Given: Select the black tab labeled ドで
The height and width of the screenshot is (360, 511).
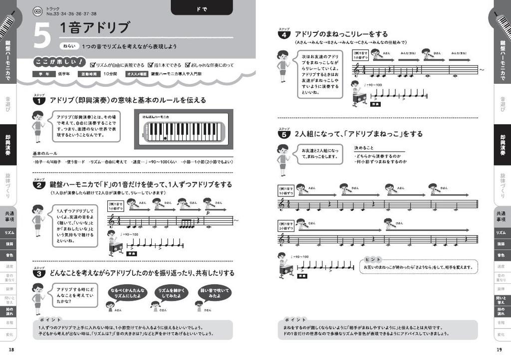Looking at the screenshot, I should tap(202, 7).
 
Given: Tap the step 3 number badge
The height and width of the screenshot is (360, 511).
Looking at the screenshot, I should tap(39, 274).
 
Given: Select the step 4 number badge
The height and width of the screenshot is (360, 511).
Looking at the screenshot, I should tap(283, 35).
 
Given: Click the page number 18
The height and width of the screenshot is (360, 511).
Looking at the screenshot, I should tap(11, 350).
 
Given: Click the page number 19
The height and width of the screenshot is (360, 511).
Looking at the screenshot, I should tap(499, 350).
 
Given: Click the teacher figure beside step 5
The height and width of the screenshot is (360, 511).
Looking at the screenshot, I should tap(283, 160).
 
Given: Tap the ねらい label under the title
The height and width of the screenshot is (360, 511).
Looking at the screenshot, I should tap(69, 46).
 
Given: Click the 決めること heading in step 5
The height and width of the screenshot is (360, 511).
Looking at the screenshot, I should tap(365, 148).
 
